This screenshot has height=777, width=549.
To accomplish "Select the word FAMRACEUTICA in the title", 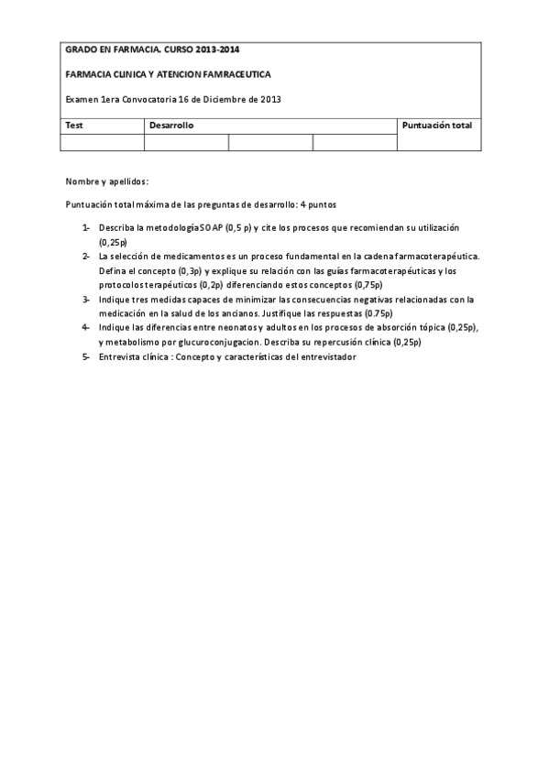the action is tap(235, 73).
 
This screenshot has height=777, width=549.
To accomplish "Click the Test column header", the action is tap(74, 125).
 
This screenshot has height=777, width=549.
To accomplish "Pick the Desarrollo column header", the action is tap(171, 125).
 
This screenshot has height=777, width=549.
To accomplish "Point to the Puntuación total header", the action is tap(437, 125).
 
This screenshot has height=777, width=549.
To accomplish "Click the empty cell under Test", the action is tap(102, 142).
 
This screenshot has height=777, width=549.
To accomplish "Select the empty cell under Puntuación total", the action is tap(438, 142).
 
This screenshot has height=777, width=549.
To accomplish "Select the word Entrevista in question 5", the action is tap(120, 356).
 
